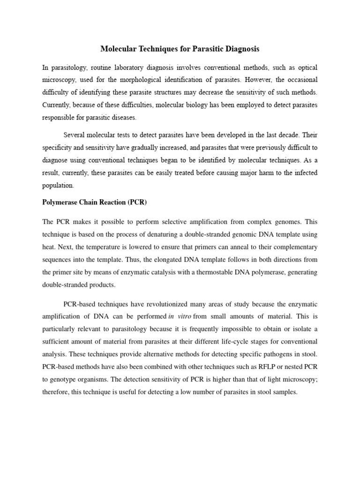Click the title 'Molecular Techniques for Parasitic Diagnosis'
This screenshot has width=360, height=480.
point(180,49)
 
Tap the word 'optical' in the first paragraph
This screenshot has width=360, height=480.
point(306,67)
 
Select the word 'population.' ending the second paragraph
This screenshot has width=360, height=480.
point(58,186)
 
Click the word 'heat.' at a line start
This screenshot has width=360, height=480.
point(49,247)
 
